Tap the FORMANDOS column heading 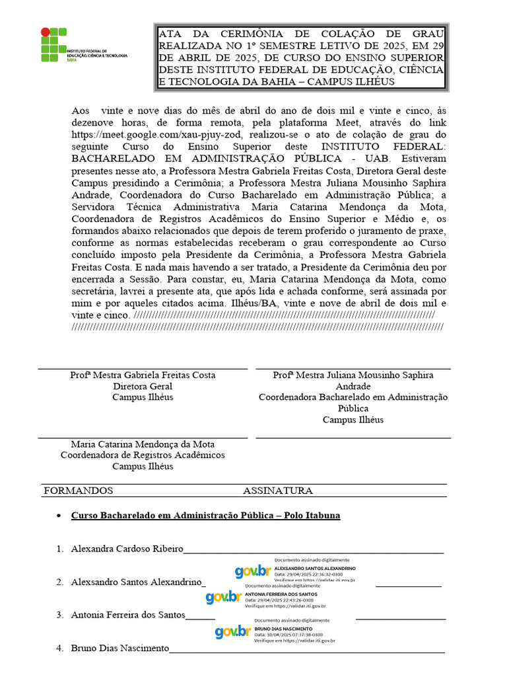[78, 491]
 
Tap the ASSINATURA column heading [277, 491]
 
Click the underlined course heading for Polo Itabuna [205, 515]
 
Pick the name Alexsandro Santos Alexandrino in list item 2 [136, 582]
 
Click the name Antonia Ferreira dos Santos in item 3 [128, 615]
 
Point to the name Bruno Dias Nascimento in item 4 [119, 648]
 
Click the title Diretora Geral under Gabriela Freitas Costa [143, 386]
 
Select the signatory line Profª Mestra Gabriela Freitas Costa [143, 375]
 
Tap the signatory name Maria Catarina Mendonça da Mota [143, 444]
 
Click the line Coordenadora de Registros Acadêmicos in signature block [143, 455]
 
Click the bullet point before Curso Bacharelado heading [59, 516]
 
